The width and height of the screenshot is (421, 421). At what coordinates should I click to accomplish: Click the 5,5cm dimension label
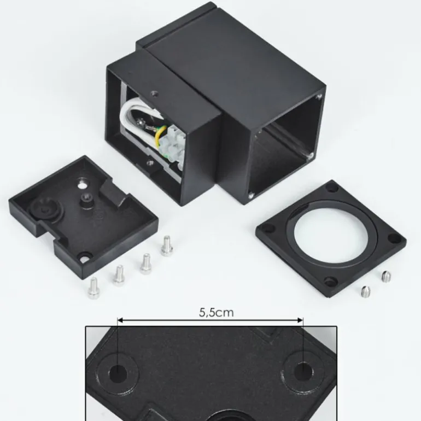[x=217, y=313]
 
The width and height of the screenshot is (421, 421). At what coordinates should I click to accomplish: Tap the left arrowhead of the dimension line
[x=120, y=320]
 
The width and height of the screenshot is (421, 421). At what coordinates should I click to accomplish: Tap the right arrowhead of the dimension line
[x=300, y=320]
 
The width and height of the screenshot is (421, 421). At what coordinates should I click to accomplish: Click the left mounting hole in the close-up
[x=118, y=373]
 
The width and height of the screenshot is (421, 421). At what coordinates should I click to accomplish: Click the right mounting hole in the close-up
[x=303, y=371]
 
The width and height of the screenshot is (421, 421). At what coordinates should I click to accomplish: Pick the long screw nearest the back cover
[x=167, y=245]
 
